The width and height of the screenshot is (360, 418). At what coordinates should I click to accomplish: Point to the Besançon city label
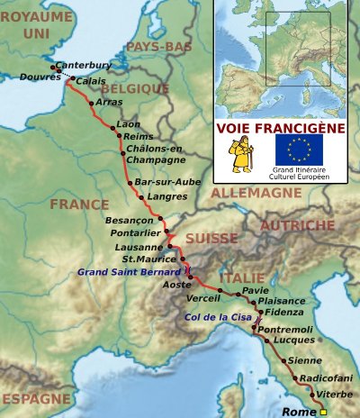130,220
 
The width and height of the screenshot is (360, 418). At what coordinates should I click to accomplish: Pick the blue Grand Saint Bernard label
128,270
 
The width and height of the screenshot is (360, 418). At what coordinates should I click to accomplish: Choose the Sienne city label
305,360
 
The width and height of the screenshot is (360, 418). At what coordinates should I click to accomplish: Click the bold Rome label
300,412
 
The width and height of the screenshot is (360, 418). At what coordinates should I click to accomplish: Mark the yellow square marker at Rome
323,412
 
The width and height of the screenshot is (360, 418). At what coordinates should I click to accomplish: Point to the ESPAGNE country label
35,398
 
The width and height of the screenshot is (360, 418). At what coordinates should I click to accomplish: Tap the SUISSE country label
211,239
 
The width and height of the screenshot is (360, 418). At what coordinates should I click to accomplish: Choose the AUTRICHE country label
298,225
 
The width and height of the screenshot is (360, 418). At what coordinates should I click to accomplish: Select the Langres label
166,195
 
